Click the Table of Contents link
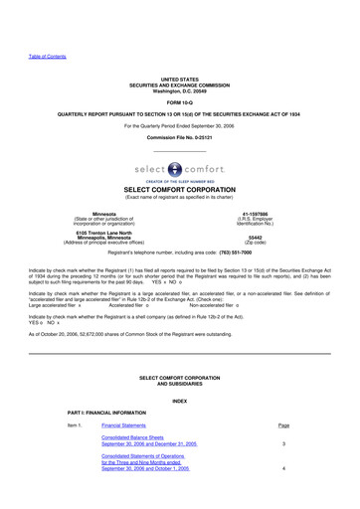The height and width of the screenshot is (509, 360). [46, 58]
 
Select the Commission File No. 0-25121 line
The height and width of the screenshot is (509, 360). [180, 136]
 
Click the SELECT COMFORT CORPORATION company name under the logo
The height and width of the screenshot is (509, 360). [180, 189]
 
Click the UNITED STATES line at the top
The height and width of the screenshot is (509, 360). [179, 77]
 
